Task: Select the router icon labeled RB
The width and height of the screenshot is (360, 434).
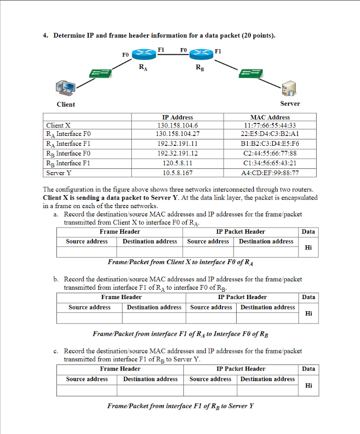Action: point(200,54)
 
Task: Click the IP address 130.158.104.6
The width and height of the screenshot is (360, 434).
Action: point(178,125)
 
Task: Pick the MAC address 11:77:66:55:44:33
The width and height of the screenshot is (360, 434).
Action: point(270,125)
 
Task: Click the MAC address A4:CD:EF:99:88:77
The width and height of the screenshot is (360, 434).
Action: point(270,173)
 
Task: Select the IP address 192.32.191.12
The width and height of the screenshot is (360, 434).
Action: point(178,153)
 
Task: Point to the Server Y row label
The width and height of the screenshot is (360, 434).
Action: point(59,173)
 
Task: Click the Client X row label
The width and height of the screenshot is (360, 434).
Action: point(58,125)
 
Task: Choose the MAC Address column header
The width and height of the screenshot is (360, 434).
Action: point(270,117)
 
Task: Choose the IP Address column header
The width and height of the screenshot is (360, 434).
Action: point(178,117)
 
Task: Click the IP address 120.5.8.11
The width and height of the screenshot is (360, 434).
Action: point(178,163)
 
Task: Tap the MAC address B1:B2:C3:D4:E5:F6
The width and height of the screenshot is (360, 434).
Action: point(270,144)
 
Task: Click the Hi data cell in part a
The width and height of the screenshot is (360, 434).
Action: point(308,248)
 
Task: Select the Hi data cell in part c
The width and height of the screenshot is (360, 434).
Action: point(308,385)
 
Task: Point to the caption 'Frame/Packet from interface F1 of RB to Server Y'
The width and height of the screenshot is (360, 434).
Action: point(180,406)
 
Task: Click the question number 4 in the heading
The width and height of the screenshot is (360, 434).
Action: point(45,36)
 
